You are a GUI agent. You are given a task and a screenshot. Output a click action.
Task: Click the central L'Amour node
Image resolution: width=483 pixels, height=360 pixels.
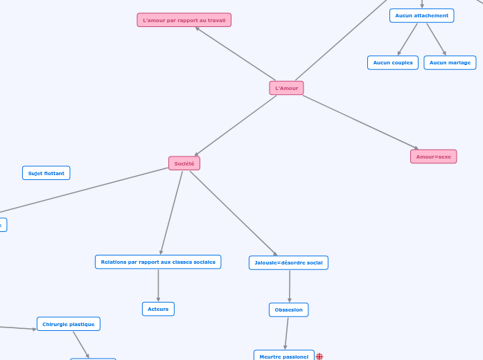tap(286, 88)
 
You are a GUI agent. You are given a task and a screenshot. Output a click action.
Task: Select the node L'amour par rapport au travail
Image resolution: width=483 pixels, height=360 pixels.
tap(184, 20)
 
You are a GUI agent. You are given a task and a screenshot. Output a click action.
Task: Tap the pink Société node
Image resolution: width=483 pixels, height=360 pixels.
tap(184, 163)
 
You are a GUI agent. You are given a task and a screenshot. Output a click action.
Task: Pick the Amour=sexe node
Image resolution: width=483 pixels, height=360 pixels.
tap(433, 156)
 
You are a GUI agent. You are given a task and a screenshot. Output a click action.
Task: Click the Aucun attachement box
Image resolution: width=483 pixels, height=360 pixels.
tap(421, 15)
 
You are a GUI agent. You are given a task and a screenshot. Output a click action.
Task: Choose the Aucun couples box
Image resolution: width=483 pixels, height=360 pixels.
tap(392, 62)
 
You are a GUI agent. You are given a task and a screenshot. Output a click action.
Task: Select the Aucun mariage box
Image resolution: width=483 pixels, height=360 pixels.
tap(450, 62)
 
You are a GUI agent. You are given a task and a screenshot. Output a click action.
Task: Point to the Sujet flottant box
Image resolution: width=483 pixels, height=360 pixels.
tap(46, 173)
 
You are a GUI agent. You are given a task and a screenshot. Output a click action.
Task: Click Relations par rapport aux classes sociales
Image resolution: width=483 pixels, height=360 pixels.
tap(158, 262)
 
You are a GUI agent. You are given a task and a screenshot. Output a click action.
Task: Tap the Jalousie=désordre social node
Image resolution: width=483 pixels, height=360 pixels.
tap(288, 262)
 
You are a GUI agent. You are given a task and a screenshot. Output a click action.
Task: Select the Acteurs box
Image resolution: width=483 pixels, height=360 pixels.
tap(158, 309)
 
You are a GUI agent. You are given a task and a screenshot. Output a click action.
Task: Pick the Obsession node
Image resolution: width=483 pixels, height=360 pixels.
tap(288, 309)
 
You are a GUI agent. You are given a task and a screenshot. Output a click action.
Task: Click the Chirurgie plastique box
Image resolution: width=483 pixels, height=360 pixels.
tap(68, 324)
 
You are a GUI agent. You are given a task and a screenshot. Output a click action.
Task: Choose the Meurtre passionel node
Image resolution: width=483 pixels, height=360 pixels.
tap(283, 356)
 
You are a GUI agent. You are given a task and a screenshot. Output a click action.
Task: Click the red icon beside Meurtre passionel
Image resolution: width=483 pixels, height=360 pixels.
tap(319, 357)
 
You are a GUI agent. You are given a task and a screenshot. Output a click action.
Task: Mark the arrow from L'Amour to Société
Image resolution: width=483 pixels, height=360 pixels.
tap(236, 125)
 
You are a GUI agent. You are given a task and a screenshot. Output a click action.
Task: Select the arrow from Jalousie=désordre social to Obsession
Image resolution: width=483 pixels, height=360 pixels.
tap(289, 286)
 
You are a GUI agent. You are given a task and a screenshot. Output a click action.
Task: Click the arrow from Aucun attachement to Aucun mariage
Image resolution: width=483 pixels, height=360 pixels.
tap(436, 39)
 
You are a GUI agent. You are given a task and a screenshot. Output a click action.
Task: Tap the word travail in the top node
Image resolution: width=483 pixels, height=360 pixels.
tap(217, 20)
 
